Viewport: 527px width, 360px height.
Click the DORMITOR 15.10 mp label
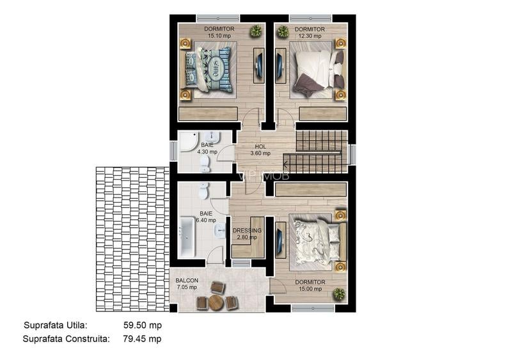pos(219,33)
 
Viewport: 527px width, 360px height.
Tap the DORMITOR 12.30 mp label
pos(310,33)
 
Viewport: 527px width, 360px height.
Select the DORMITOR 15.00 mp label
pos(310,285)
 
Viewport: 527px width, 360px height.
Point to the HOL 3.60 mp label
pos(260,150)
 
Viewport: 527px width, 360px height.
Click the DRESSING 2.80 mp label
pos(247,233)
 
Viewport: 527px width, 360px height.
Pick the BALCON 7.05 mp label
pos(187,284)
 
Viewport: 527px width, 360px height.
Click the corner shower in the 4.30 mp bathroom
pos(187,143)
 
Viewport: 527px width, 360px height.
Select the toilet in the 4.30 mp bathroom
pos(205,164)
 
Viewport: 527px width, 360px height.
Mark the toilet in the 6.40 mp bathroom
pos(203,191)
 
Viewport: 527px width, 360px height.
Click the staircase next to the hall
pos(322,150)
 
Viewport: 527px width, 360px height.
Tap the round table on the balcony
pos(217,302)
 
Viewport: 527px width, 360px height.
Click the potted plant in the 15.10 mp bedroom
pos(256,31)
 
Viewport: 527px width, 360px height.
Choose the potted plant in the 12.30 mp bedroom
pos(283,31)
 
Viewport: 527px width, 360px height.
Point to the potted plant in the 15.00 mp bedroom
pos(338,293)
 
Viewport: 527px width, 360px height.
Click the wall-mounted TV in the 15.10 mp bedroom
pos(259,65)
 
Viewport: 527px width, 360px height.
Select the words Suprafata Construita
pos(66,339)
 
